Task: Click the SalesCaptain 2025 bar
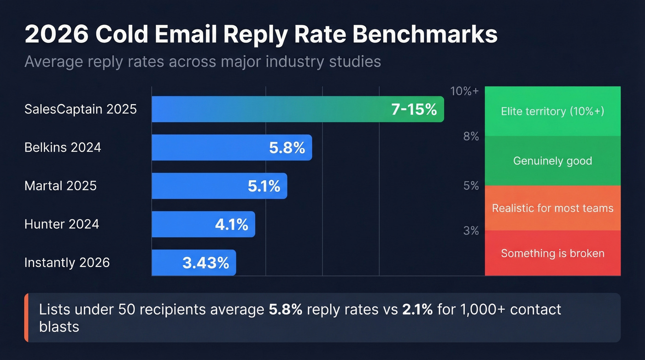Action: (x=276, y=109)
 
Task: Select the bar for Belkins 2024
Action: (x=207, y=148)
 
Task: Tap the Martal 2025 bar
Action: (x=198, y=186)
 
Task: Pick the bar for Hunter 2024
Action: (x=184, y=224)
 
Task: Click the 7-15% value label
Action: (x=413, y=110)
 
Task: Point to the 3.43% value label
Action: (x=205, y=263)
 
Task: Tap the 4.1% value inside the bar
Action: (x=231, y=224)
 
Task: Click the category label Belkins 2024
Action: (x=63, y=148)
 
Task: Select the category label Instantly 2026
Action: (x=67, y=263)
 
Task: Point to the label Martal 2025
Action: (x=60, y=186)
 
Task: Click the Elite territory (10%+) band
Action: (x=552, y=111)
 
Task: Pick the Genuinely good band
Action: (x=552, y=161)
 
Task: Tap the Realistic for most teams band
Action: (x=552, y=208)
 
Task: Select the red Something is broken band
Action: (x=552, y=253)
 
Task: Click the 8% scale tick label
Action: (x=471, y=136)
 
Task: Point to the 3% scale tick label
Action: (x=471, y=230)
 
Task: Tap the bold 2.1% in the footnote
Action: (x=417, y=309)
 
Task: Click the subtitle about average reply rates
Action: (x=203, y=61)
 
